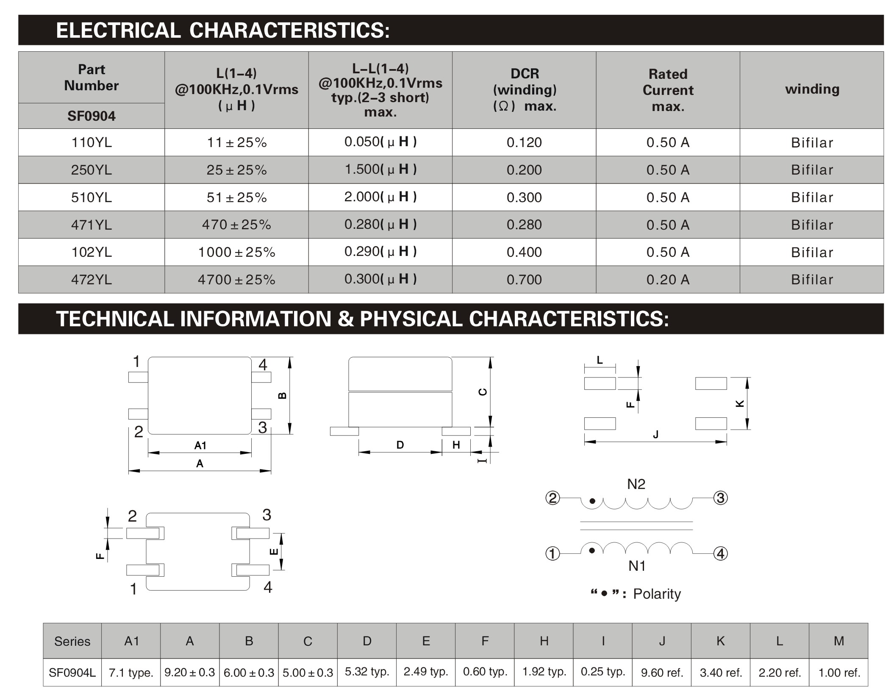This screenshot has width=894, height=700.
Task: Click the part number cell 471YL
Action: pyautogui.click(x=92, y=225)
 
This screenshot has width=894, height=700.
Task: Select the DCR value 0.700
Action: pyautogui.click(x=524, y=280)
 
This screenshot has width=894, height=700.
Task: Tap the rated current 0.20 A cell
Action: pyautogui.click(x=668, y=280)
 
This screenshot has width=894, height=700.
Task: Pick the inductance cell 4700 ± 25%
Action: pyautogui.click(x=236, y=280)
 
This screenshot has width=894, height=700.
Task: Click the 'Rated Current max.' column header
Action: pyautogui.click(x=668, y=90)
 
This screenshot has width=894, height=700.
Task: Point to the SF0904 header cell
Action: pyautogui.click(x=92, y=116)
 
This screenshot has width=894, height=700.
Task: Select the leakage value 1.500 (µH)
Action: pyautogui.click(x=380, y=169)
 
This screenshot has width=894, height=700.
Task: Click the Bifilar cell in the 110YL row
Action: pyautogui.click(x=812, y=143)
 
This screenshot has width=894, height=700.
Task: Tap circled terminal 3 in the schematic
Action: pyautogui.click(x=721, y=497)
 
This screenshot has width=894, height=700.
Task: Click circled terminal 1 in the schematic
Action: pyautogui.click(x=553, y=553)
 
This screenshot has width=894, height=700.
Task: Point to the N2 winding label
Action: pyautogui.click(x=636, y=484)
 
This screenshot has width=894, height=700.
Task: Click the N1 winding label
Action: pyautogui.click(x=637, y=566)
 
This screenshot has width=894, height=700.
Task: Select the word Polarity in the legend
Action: pyautogui.click(x=657, y=594)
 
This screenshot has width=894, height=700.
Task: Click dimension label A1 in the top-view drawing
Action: pyautogui.click(x=200, y=445)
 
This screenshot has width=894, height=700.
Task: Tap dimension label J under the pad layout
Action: pyautogui.click(x=655, y=434)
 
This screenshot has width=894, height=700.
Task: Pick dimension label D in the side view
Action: pyautogui.click(x=400, y=445)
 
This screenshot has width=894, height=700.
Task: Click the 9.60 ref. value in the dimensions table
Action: pyautogui.click(x=662, y=672)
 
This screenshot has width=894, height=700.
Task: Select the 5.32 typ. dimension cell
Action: pyautogui.click(x=367, y=672)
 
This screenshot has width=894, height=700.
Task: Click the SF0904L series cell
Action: pyautogui.click(x=72, y=672)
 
